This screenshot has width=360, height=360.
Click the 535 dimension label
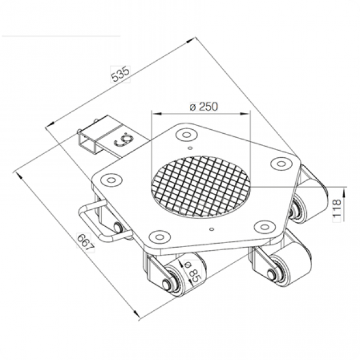tap(120, 74)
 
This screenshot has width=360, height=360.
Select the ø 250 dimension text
tap(203, 106)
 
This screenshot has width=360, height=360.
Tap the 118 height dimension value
tap(337, 208)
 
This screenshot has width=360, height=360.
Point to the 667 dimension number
tap(85, 243)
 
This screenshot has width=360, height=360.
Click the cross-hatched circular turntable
tap(200, 186)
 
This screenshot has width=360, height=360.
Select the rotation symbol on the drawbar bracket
tap(124, 140)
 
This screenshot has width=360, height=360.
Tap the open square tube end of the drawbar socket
tap(87, 144)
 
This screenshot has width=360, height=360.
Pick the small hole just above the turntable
tap(190, 148)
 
